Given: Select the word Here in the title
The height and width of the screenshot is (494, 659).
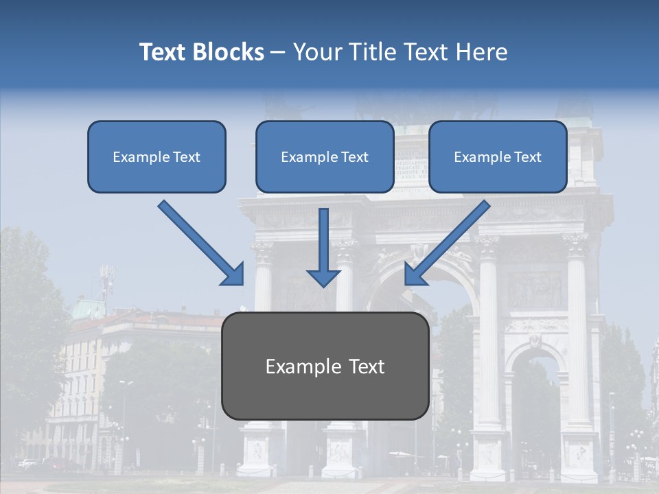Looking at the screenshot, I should tap(483, 52).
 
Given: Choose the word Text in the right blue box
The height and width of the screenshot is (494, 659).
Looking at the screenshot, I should tap(528, 157).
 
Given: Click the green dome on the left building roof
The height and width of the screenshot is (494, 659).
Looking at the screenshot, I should tap(87, 308).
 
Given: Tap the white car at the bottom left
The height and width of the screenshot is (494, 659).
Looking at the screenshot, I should tap(28, 463).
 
